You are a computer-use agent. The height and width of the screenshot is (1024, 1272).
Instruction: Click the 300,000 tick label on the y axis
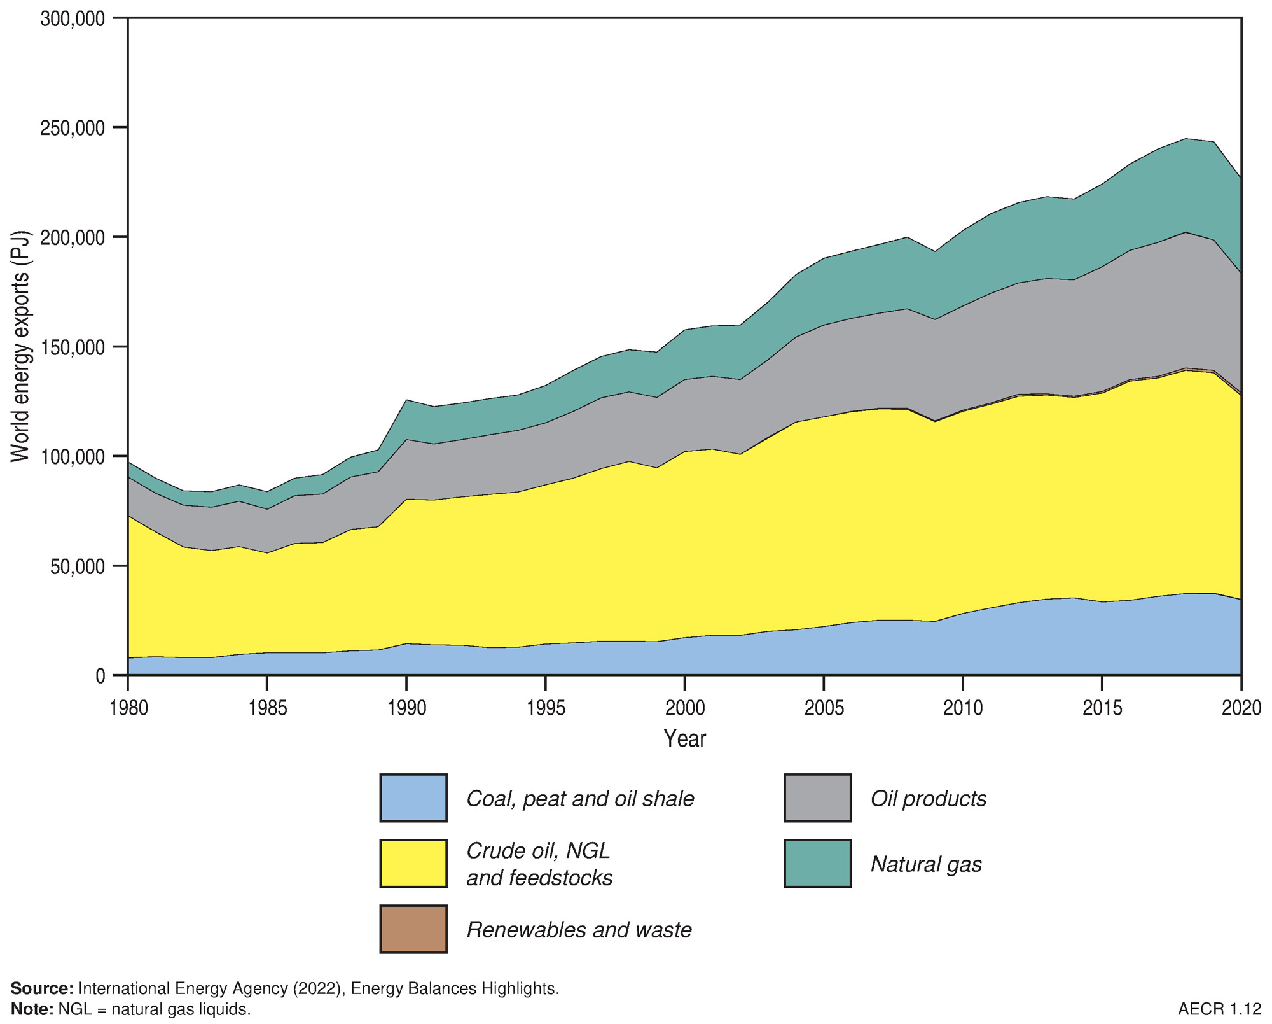[x=73, y=19]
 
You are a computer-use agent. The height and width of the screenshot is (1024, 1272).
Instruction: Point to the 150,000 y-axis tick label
[x=73, y=347]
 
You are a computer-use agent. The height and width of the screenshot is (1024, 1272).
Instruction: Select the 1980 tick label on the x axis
[x=128, y=708]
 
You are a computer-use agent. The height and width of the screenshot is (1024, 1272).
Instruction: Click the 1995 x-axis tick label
[x=546, y=708]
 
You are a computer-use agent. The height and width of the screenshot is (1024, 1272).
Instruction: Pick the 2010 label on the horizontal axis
[x=963, y=708]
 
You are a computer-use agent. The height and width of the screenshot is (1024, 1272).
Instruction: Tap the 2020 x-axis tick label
[x=1241, y=708]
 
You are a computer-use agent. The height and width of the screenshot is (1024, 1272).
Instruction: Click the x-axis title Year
[x=684, y=738]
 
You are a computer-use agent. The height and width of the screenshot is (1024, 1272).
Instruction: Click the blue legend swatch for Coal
[x=413, y=798]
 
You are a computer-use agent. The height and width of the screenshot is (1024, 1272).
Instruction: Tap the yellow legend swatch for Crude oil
[x=413, y=864]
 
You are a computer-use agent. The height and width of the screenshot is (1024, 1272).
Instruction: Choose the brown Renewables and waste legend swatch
[x=413, y=929]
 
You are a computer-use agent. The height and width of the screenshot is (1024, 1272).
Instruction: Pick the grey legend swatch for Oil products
[x=817, y=798]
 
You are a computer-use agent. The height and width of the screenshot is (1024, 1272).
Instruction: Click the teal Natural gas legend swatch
[x=817, y=864]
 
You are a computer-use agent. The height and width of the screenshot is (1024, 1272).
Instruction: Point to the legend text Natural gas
[x=926, y=864]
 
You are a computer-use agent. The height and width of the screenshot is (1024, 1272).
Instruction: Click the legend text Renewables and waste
[x=579, y=930]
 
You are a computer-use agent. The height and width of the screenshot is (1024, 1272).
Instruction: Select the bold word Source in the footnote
[x=42, y=988]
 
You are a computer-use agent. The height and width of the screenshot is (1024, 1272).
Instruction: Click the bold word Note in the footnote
[x=32, y=1009]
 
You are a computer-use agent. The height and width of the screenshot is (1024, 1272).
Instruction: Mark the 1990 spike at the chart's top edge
[x=406, y=400]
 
